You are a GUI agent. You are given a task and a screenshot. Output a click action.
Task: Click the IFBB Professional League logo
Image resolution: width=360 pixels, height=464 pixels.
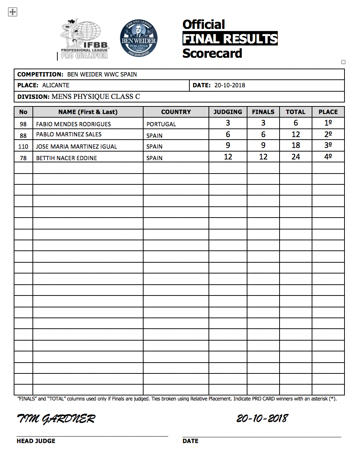click(x=84, y=39)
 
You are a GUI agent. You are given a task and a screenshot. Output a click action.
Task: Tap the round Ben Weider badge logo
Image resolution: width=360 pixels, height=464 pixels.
click(x=139, y=38)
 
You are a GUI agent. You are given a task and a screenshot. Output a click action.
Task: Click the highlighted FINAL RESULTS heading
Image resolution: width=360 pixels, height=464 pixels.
click(x=230, y=39)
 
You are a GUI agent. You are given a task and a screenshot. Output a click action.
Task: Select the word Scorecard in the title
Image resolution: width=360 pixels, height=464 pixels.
click(x=212, y=53)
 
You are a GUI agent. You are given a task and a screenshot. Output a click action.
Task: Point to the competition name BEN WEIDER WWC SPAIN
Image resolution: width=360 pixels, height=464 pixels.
click(x=102, y=75)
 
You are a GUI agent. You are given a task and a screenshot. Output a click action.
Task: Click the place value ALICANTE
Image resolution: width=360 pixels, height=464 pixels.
click(x=56, y=86)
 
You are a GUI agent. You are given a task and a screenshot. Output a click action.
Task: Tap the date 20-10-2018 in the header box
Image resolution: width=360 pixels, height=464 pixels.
click(x=230, y=86)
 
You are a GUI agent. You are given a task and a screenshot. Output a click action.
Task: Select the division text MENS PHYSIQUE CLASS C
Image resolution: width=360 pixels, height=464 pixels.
click(x=96, y=97)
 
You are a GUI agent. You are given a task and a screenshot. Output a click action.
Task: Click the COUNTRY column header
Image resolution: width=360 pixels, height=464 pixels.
click(x=176, y=112)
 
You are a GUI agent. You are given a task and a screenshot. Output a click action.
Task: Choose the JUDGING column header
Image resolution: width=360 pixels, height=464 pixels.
click(x=228, y=112)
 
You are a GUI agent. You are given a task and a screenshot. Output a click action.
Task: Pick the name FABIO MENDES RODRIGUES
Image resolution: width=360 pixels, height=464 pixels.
click(x=74, y=124)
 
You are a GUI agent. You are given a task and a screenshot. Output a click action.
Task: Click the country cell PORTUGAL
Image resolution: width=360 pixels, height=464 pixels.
click(x=161, y=124)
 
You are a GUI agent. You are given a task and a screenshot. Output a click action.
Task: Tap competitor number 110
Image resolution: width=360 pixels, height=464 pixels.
click(x=23, y=146)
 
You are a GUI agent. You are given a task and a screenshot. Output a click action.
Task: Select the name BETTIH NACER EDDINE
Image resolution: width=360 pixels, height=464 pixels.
click(x=66, y=158)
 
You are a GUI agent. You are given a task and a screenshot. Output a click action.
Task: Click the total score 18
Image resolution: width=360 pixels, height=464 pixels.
click(x=296, y=145)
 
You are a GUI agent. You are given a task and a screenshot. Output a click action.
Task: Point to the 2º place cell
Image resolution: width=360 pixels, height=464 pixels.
click(x=328, y=134)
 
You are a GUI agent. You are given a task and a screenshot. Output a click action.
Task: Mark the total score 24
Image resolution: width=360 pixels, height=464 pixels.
click(x=296, y=157)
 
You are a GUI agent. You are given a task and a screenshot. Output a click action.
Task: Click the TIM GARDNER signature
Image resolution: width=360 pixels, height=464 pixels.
click(x=56, y=419)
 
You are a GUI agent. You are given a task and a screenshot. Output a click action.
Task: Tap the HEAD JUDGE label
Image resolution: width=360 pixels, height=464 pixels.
click(x=36, y=441)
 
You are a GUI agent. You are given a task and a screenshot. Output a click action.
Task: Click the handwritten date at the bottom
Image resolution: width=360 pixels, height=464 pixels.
click(x=262, y=418)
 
